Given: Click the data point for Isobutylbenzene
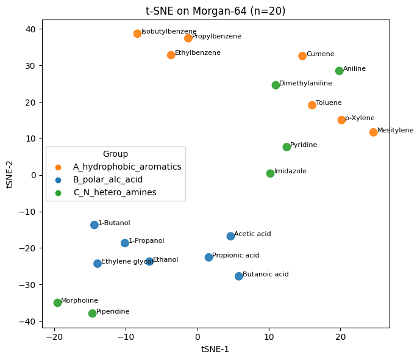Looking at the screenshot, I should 137,34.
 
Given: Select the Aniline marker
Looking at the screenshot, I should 340,71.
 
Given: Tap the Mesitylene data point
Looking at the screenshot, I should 374,132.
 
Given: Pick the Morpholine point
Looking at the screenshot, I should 57,303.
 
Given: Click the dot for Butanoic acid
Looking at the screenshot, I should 239,276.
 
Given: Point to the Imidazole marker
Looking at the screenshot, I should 271,173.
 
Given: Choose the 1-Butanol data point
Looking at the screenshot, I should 94,225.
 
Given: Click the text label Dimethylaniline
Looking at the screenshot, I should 305,83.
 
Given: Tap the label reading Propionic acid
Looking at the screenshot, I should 236,255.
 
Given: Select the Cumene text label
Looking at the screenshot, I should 320,54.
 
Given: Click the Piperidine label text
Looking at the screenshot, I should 113,312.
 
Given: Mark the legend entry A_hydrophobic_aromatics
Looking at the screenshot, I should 127,167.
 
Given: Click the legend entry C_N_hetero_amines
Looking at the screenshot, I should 115,192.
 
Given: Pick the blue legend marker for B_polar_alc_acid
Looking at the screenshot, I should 58,179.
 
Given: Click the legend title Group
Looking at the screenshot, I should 115,154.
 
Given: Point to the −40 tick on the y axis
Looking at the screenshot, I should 29,322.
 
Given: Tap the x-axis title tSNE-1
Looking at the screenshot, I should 215,350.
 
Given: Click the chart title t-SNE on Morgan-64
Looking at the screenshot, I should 215,11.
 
